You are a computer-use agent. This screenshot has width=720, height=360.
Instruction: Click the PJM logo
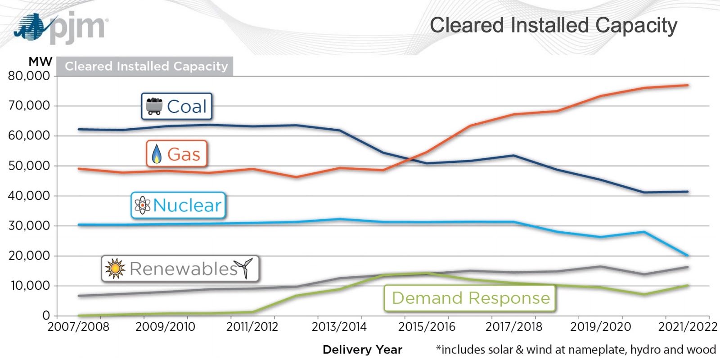[x=61, y=28]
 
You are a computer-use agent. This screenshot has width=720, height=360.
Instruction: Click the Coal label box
[x=176, y=106]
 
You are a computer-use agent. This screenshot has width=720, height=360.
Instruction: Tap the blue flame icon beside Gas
[x=157, y=154]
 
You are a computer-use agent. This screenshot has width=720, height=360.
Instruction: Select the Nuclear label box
[x=178, y=206]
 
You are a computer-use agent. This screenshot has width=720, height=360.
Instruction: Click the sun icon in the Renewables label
[x=115, y=269]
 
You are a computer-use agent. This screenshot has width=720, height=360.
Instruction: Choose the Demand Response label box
[x=470, y=298]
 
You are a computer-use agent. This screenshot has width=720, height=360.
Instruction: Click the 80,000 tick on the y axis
[x=29, y=76]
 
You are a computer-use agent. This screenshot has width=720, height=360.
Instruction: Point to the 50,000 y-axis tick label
[x=29, y=166]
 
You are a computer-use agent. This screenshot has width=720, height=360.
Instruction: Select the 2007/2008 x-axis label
[x=78, y=327]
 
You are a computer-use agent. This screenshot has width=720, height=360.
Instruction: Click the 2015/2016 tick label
[x=427, y=327]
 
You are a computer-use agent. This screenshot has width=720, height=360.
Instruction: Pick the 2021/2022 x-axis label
[x=687, y=327]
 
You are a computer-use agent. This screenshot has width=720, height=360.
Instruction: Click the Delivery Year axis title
[x=362, y=350]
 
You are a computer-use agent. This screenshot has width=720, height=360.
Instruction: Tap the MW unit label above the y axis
[x=40, y=62]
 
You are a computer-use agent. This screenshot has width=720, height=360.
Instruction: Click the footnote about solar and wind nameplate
[x=576, y=350]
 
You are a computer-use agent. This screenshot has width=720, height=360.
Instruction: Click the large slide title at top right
[x=553, y=26]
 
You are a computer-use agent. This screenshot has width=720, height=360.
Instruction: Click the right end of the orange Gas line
[x=687, y=85]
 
